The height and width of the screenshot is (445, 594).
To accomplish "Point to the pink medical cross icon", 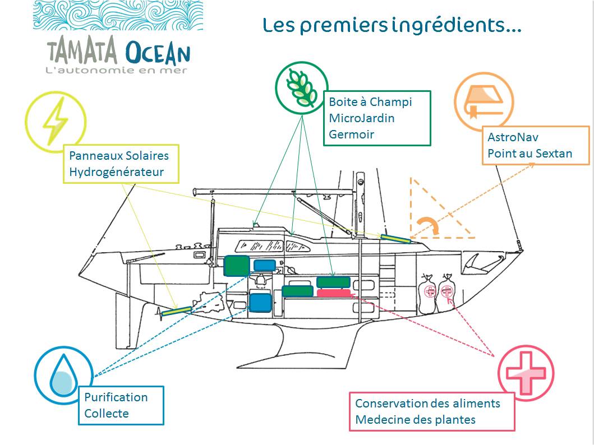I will pyautogui.click(x=526, y=373).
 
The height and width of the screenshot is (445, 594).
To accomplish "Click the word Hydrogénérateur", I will pyautogui.click(x=116, y=172).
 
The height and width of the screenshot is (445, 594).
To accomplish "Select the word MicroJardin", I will pyautogui.click(x=361, y=118).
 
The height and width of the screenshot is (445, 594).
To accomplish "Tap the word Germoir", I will pyautogui.click(x=351, y=135).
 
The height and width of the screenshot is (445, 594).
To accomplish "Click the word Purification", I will pyautogui.click(x=116, y=397).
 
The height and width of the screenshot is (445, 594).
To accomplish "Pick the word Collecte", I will pyautogui.click(x=107, y=414).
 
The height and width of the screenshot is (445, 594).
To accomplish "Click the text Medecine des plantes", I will pyautogui.click(x=415, y=419).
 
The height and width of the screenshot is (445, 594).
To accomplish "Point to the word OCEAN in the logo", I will pyautogui.click(x=158, y=53).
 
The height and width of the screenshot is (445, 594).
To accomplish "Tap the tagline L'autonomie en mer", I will pyautogui.click(x=116, y=71).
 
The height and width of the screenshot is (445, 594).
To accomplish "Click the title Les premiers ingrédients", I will pyautogui.click(x=392, y=26).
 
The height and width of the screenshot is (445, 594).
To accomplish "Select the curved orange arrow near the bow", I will pyautogui.click(x=429, y=225).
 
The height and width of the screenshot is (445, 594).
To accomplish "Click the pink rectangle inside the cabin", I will pyautogui.click(x=334, y=293).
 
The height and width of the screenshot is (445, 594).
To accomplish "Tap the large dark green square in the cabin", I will pyautogui.click(x=236, y=266).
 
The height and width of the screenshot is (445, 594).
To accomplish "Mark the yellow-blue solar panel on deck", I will pyautogui.click(x=395, y=238).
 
